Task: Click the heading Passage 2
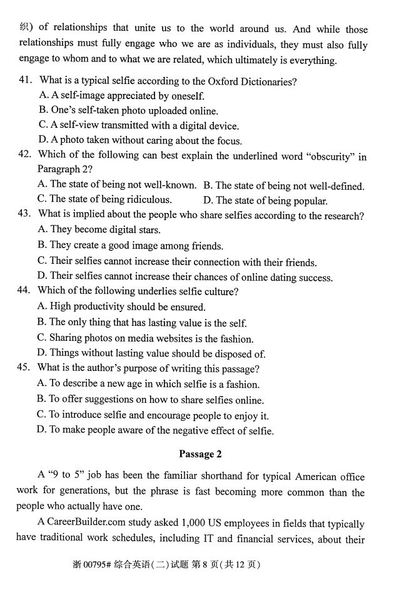pyautogui.click(x=200, y=454)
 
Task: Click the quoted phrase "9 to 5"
pyautogui.click(x=64, y=477)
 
